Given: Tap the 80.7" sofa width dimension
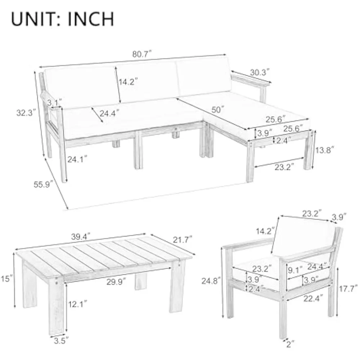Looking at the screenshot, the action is point(142,54).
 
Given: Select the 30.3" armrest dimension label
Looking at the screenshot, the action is point(260,72).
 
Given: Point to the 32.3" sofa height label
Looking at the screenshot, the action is point(26,113).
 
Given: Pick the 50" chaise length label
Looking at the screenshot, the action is point(218,109).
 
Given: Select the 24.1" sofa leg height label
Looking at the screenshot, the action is point(77,159).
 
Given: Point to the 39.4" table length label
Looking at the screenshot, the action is point(81,237).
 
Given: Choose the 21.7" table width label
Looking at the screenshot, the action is point(183,239).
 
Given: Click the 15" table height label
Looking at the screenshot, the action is point(6,279).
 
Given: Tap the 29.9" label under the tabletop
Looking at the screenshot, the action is point(116,282).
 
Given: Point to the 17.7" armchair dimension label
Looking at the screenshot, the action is point(348,288).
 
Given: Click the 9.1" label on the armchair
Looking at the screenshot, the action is point(295,270).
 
